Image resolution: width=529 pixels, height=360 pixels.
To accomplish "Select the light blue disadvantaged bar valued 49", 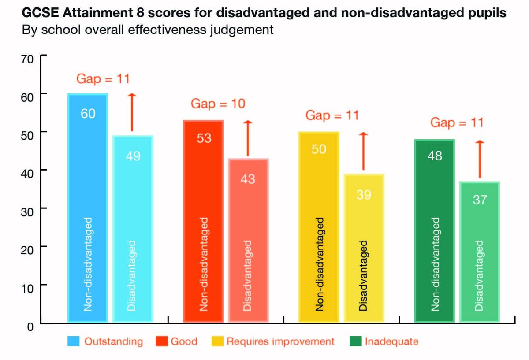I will (x=133, y=229).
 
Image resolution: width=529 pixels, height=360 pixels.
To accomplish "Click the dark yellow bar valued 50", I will (x=319, y=227).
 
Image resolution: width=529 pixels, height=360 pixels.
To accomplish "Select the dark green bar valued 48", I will (x=435, y=231).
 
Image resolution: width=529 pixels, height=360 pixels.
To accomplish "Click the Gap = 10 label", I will (x=218, y=104).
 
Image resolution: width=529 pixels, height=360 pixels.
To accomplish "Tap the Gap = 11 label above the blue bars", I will (x=103, y=79).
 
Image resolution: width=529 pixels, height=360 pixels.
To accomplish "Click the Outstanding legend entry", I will (x=106, y=341).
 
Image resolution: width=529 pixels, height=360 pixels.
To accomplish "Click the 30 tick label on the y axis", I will (x=27, y=208).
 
